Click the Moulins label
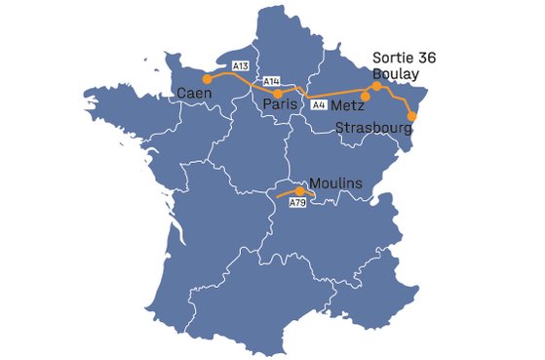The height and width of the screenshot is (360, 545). (x=334, y=182)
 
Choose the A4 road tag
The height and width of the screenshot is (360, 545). (x=318, y=103)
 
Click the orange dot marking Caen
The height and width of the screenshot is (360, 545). (x=206, y=79)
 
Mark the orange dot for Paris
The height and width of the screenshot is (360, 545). (x=279, y=94)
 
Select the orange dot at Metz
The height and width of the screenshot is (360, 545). (x=366, y=96)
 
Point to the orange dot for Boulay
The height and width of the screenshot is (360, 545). (x=376, y=86)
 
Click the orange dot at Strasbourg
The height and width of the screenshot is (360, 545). (x=411, y=117)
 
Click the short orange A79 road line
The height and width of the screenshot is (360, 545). (x=289, y=194)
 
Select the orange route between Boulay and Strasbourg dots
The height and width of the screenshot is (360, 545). (x=399, y=97)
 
